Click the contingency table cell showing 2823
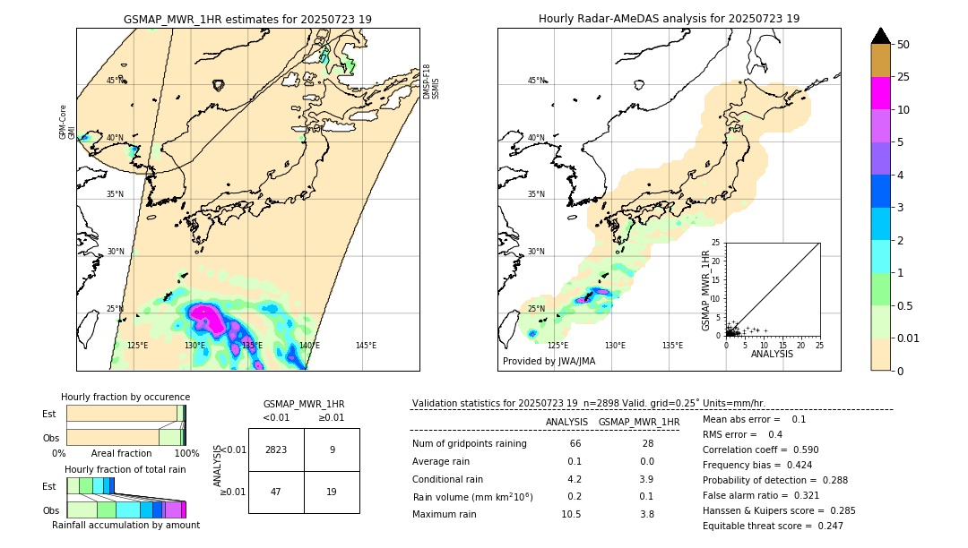[x=276, y=450]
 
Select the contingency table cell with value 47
[x=276, y=492]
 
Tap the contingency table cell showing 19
[x=332, y=492]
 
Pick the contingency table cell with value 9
[x=332, y=450]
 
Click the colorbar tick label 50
[x=903, y=45]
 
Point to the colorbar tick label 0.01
[x=909, y=338]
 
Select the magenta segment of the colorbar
[x=881, y=93]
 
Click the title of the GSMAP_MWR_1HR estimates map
[x=247, y=19]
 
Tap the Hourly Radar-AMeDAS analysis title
[x=669, y=19]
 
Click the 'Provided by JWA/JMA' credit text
[x=549, y=362]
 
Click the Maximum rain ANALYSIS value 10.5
[x=571, y=514]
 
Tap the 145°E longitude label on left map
[x=366, y=346]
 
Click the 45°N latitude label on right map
[x=536, y=81]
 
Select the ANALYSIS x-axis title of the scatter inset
[x=772, y=354]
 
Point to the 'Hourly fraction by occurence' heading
[x=125, y=397]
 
